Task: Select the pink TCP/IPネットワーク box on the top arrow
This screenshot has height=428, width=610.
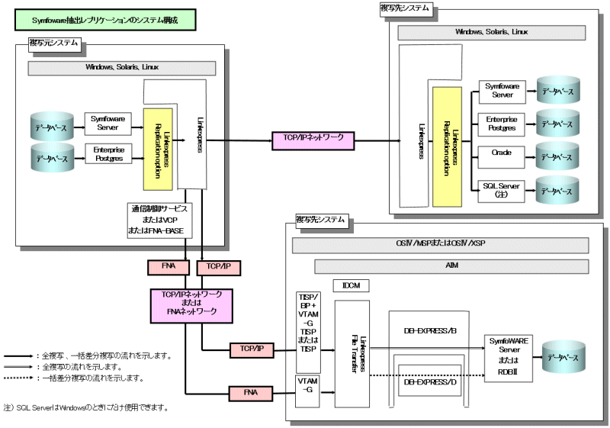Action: pyautogui.click(x=313, y=140)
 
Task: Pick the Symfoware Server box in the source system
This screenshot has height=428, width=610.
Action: pyautogui.click(x=109, y=122)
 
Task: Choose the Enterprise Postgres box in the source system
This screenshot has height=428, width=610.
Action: pyautogui.click(x=109, y=153)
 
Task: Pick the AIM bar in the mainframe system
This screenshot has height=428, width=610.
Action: pyautogui.click(x=451, y=266)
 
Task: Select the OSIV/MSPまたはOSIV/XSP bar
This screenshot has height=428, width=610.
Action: pyautogui.click(x=441, y=245)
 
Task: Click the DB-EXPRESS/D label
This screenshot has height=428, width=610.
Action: pyautogui.click(x=429, y=382)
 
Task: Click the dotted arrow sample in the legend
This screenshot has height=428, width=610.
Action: pyautogui.click(x=18, y=378)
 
